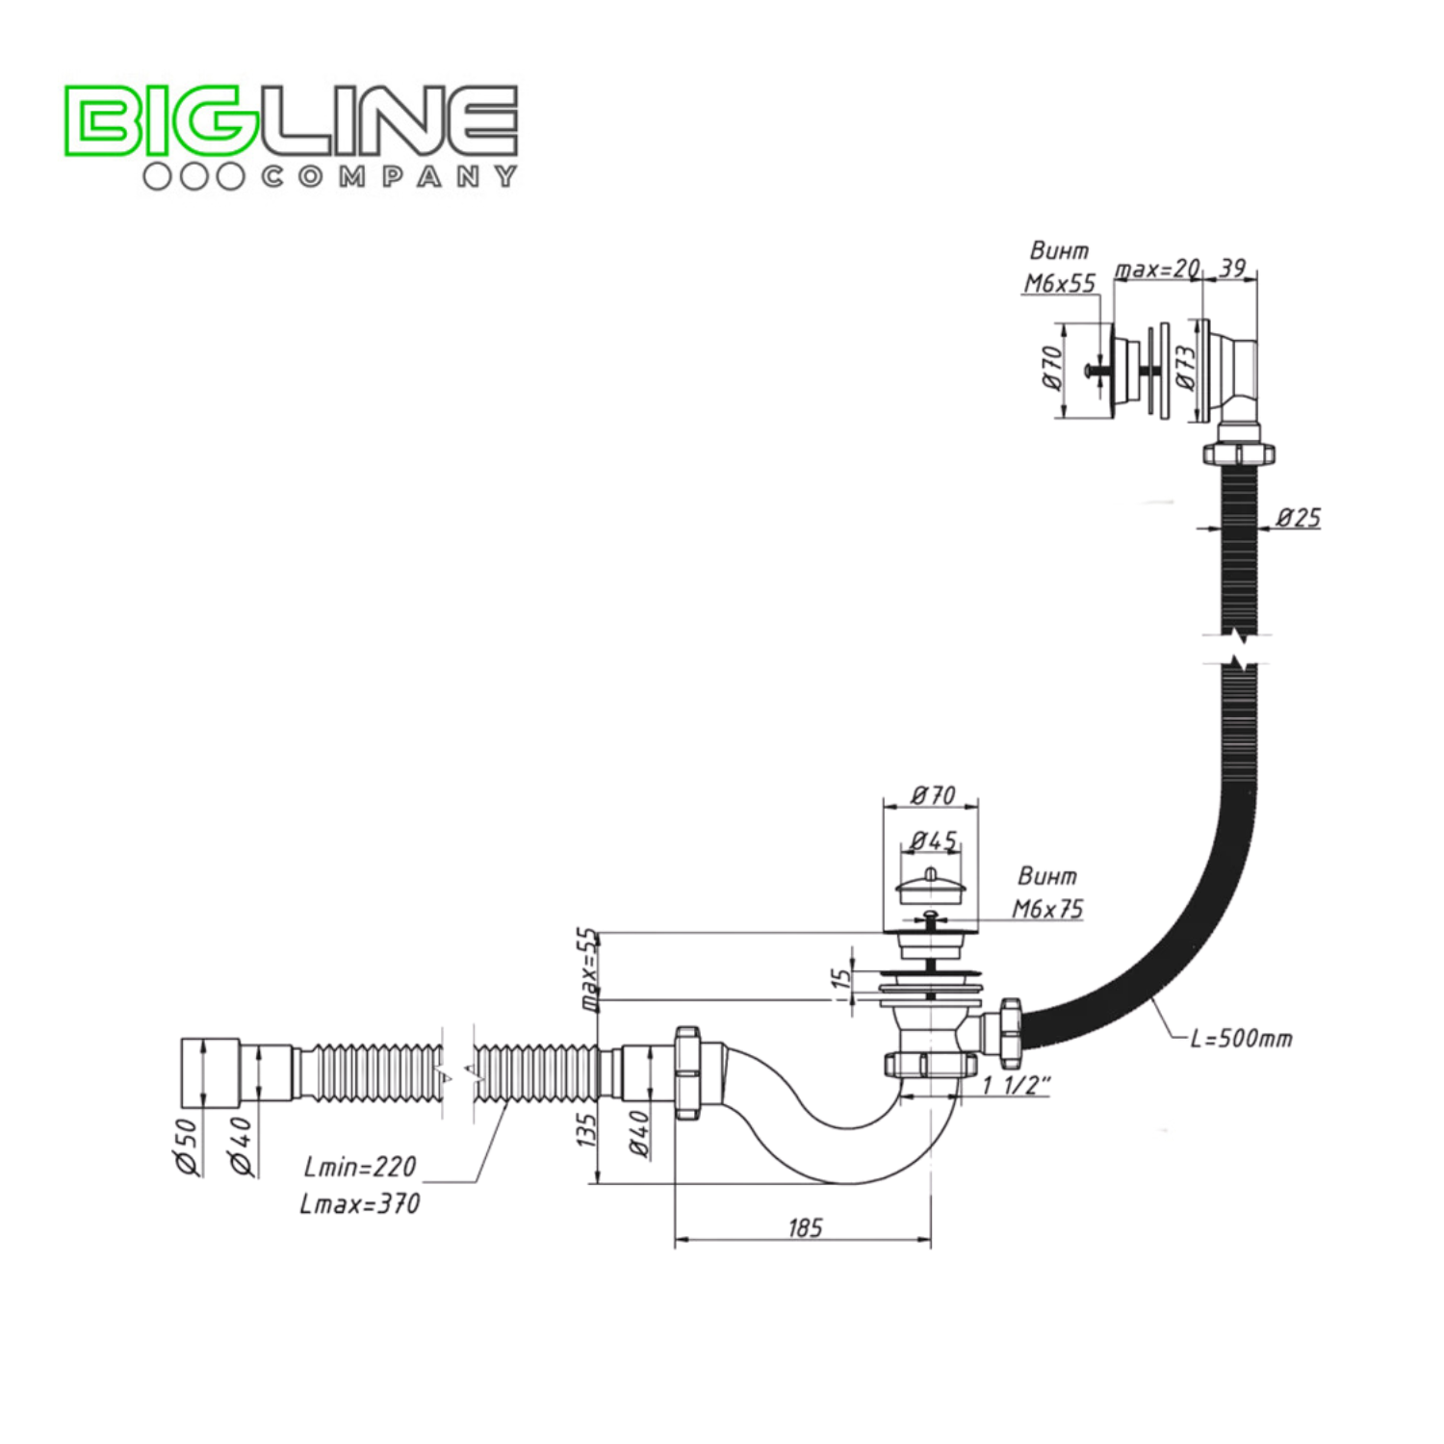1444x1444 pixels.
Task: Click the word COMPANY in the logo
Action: (389, 177)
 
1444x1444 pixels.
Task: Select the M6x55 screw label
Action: (1059, 283)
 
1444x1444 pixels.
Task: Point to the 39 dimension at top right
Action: (1232, 268)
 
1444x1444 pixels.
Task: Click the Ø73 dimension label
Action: (1186, 367)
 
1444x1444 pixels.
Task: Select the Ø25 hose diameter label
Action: (1298, 518)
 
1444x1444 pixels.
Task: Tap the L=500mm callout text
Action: (1241, 1039)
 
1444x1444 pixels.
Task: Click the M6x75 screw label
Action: (1047, 909)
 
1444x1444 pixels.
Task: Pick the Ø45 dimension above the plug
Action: (933, 840)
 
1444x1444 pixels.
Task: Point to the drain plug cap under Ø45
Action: (930, 887)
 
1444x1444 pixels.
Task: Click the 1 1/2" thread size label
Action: (1016, 1086)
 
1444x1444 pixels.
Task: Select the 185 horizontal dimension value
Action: (805, 1227)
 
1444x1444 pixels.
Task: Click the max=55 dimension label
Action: (588, 968)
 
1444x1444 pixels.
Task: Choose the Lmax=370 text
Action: (359, 1204)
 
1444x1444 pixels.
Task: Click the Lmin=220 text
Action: (360, 1167)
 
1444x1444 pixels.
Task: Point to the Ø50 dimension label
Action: (186, 1146)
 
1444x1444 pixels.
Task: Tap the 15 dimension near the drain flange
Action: (841, 979)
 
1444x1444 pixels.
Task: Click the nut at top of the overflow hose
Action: (1239, 453)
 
